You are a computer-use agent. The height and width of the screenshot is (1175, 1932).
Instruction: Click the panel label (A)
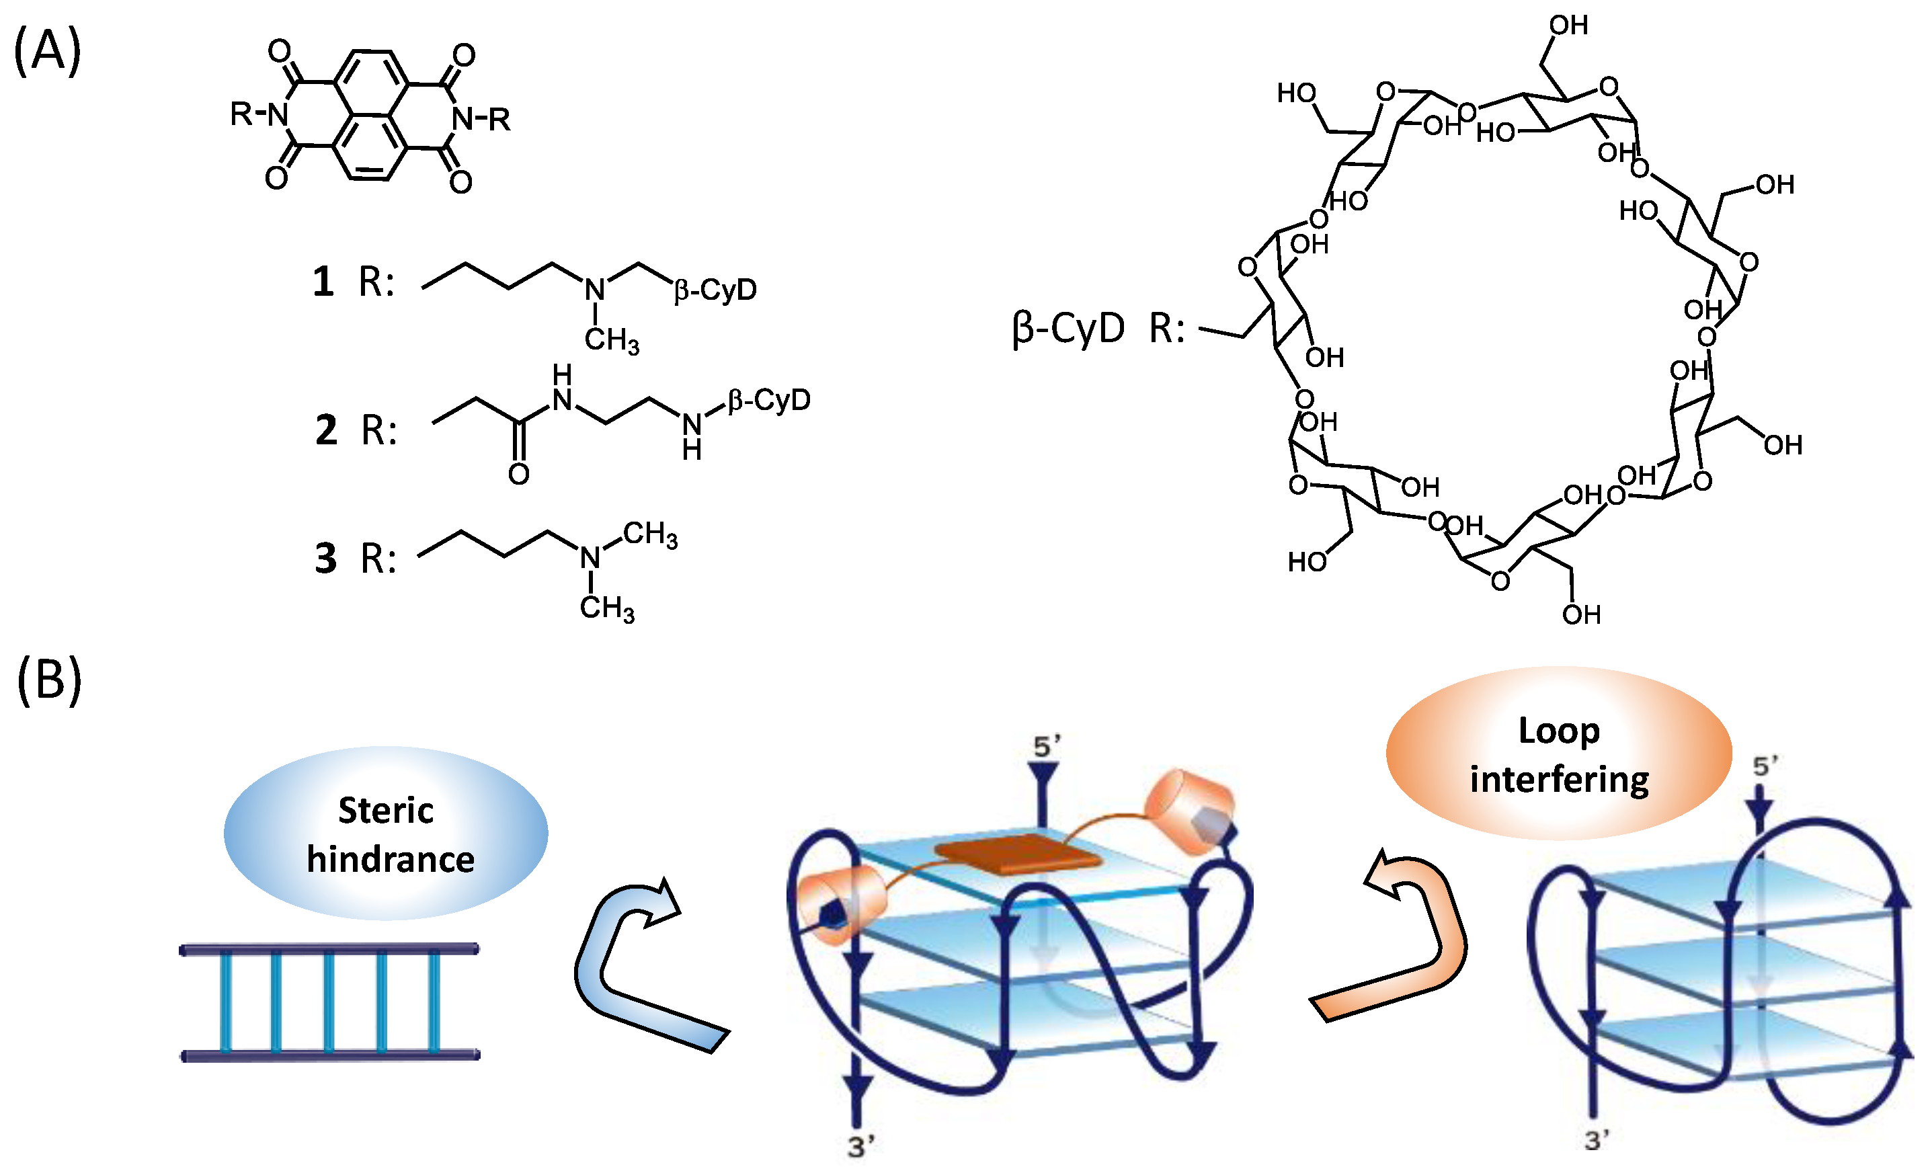[47, 51]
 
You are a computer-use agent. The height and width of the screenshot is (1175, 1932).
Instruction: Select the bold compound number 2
[326, 430]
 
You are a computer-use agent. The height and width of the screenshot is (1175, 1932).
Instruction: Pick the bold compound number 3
[325, 559]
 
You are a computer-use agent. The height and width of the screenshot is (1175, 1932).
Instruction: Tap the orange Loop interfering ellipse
[1558, 754]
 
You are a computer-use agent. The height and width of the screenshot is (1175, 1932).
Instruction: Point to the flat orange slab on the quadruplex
[1017, 854]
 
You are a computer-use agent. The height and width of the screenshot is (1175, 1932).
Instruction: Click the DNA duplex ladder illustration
[329, 1002]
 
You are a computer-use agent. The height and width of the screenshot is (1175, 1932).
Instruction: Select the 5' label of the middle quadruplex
[1047, 746]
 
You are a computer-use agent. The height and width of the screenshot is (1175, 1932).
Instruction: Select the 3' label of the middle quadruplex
[861, 1147]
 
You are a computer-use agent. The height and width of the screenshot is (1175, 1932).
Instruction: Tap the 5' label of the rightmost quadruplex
[1765, 766]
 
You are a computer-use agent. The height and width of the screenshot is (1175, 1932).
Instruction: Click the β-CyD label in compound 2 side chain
[768, 401]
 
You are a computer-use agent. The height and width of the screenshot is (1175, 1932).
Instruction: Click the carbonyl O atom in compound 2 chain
[518, 473]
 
